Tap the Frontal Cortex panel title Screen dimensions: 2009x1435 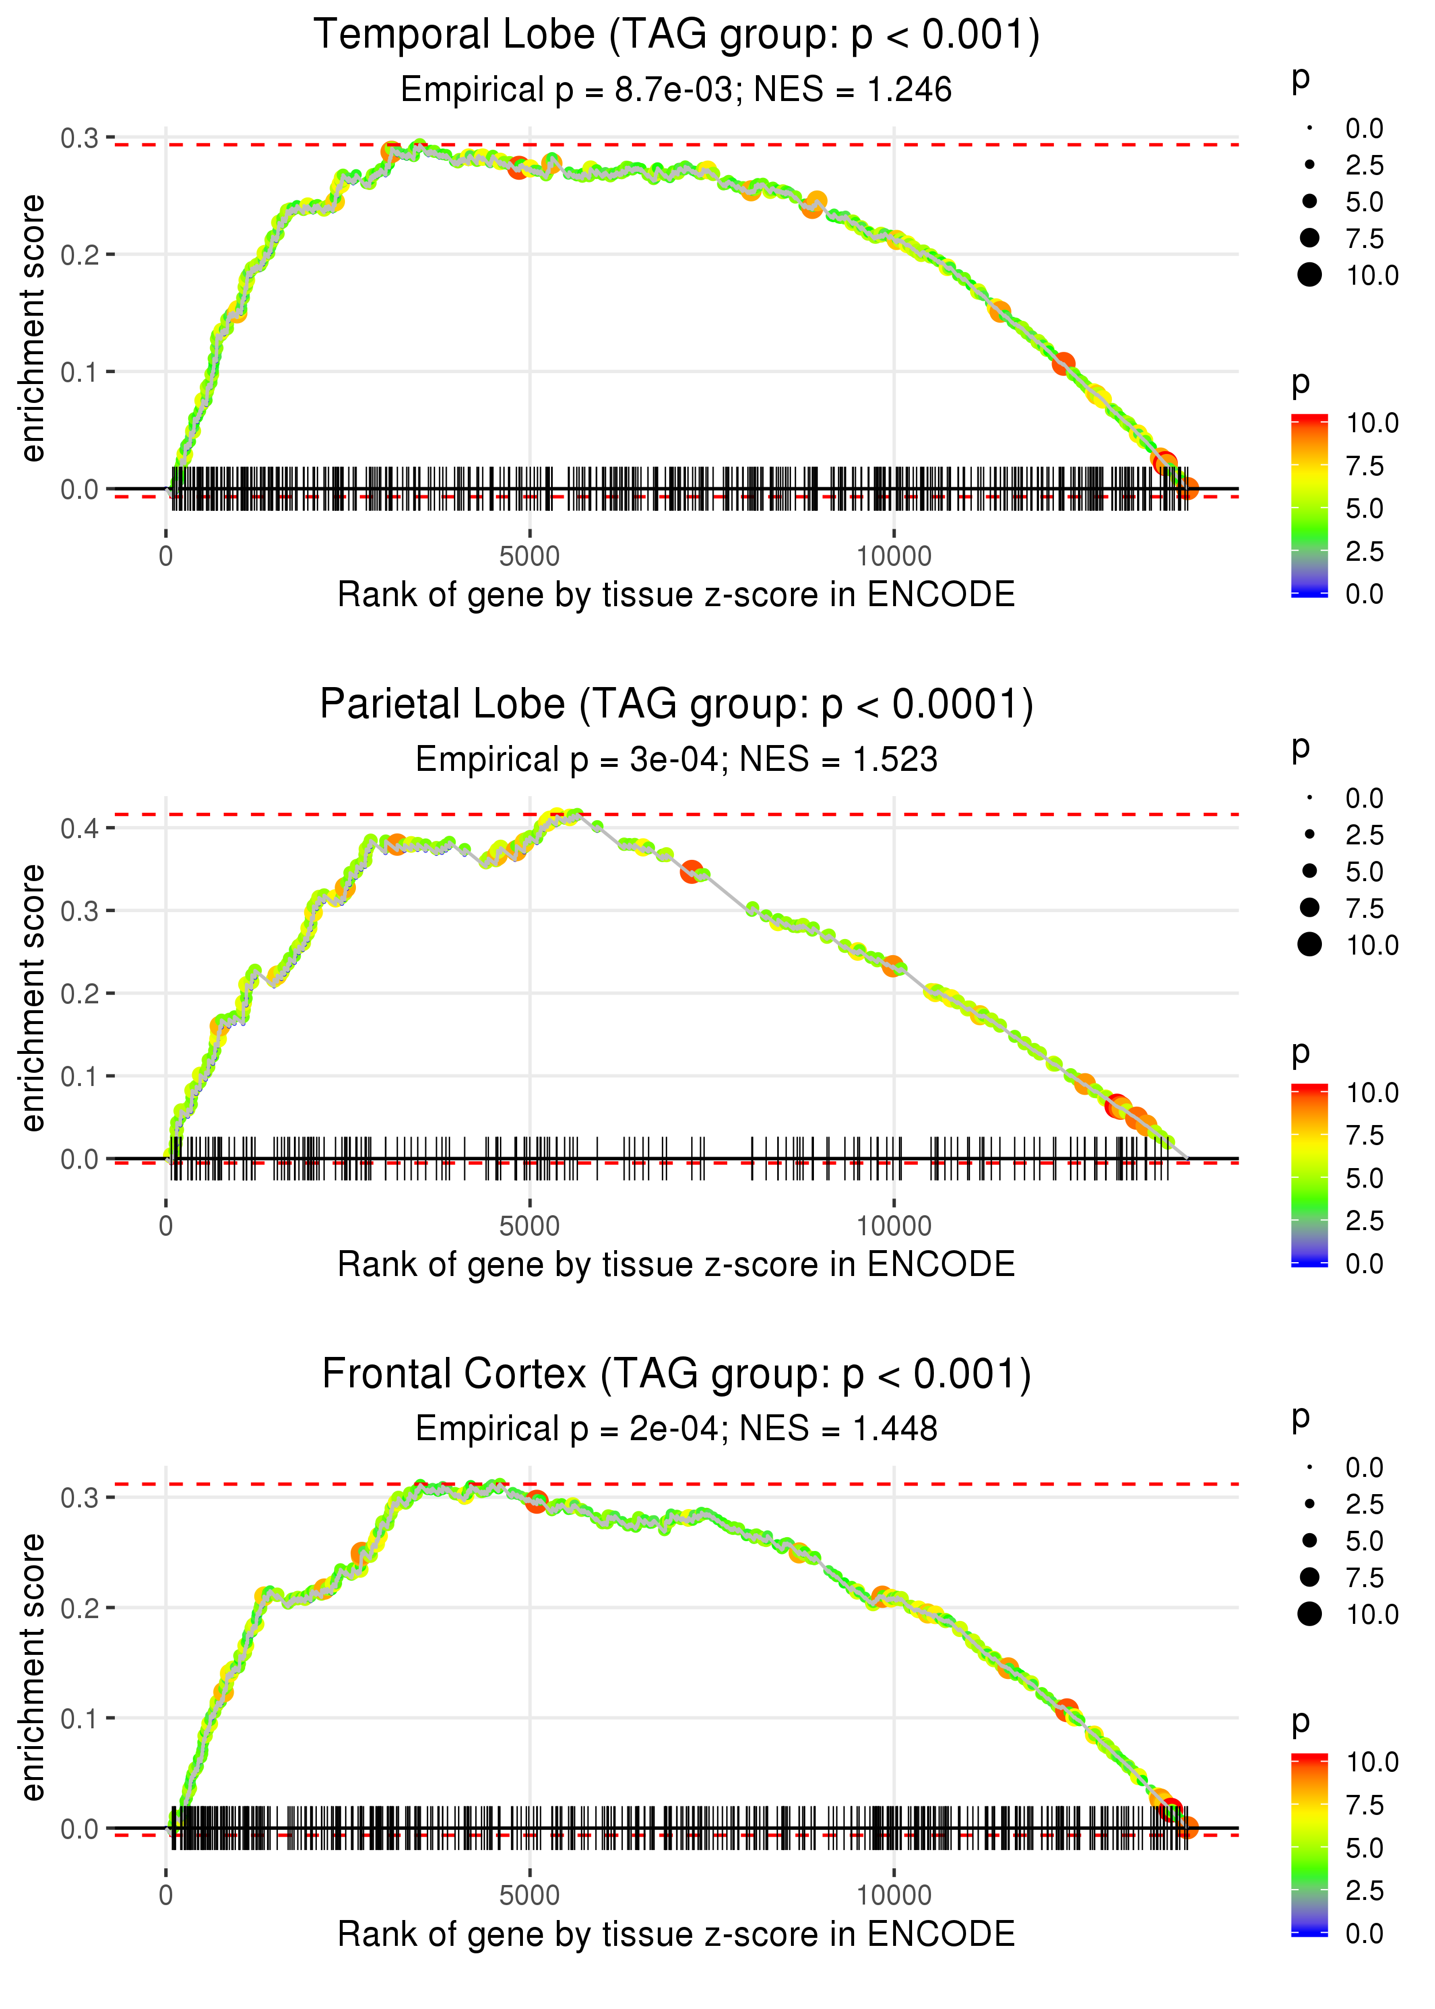676,1374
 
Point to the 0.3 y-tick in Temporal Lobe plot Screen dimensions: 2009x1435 80,138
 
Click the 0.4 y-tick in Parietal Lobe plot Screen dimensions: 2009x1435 80,828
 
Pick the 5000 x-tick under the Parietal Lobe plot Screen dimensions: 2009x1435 529,1226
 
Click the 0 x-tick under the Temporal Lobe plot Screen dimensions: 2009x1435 166,557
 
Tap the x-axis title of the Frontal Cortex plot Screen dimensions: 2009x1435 676,1934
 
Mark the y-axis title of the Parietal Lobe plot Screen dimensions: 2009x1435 33,998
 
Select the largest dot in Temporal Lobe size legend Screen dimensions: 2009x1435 1309,275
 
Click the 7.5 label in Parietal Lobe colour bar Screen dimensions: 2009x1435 1364,1135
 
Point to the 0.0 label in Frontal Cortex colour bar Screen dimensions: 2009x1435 1364,1933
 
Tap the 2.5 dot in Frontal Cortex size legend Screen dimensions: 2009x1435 1309,1504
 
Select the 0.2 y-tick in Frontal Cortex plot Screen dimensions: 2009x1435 80,1608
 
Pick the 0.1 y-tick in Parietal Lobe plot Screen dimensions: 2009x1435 80,1076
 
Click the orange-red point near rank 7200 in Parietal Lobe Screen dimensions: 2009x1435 692,872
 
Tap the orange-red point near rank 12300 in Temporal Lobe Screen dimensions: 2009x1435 1064,363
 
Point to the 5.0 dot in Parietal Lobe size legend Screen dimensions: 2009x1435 1309,871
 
